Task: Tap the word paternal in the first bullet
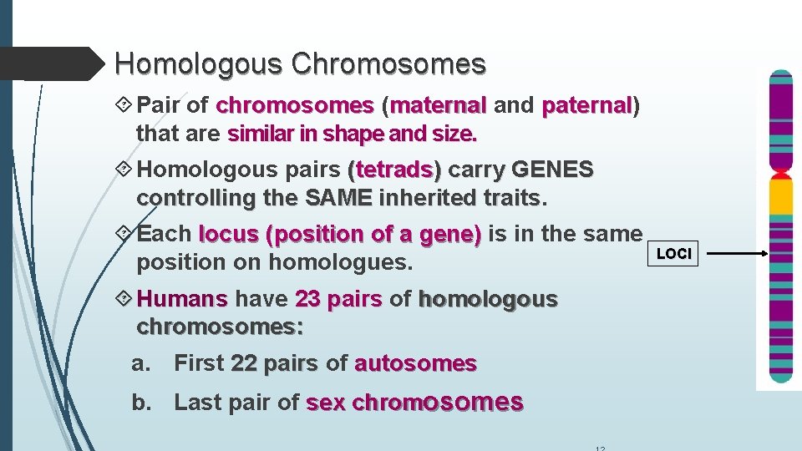click(587, 106)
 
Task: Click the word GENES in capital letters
click(552, 170)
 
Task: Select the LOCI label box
click(674, 254)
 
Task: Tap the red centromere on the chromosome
click(781, 174)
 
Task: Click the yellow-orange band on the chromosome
click(781, 197)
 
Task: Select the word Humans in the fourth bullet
click(182, 299)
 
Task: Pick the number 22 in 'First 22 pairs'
click(244, 363)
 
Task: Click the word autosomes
click(415, 363)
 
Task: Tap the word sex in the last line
click(326, 403)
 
